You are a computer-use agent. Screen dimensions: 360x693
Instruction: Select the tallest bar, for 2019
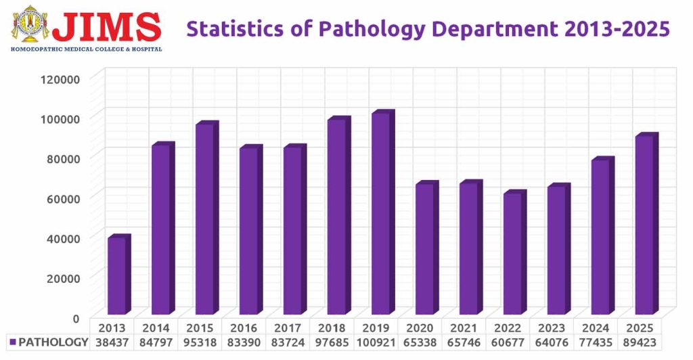click(x=381, y=212)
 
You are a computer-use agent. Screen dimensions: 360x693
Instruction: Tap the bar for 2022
click(x=512, y=254)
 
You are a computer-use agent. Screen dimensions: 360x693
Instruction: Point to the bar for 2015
click(x=205, y=220)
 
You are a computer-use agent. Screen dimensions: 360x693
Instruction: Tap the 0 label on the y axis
click(x=75, y=317)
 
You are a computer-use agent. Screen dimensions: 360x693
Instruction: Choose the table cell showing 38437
click(x=112, y=342)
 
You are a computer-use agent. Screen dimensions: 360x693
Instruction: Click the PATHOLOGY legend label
click(x=53, y=342)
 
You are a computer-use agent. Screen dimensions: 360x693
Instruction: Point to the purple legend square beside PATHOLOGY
click(x=12, y=342)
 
